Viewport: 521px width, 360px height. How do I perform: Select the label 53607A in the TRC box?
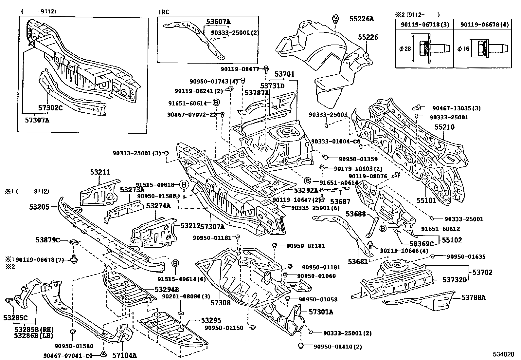tap(218, 22)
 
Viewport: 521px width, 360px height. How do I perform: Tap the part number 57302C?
tap(50, 107)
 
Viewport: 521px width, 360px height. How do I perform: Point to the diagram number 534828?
tap(504, 354)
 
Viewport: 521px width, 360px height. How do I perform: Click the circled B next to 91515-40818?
tap(184, 185)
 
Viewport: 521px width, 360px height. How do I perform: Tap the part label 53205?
tap(39, 207)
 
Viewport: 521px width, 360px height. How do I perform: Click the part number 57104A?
tap(124, 355)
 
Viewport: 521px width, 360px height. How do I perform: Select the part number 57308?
tap(220, 303)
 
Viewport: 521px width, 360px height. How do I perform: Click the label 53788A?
tap(474, 297)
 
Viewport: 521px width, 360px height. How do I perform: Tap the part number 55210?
tap(444, 127)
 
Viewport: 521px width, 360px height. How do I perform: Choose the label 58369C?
tap(422, 244)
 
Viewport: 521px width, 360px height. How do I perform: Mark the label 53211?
tap(100, 172)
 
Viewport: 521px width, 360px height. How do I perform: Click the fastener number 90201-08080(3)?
tap(186, 296)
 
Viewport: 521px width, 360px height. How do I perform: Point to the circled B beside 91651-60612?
tap(383, 228)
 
